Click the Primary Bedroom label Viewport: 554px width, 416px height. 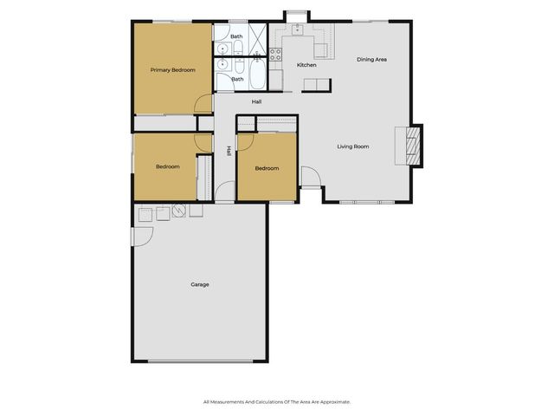[172, 69]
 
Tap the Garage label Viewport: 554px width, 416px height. [200, 284]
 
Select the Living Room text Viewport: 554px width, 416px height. [353, 146]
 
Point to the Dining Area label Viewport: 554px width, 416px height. [372, 60]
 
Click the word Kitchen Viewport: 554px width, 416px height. [307, 65]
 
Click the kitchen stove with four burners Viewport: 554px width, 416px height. [276, 53]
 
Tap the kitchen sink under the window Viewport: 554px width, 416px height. [297, 29]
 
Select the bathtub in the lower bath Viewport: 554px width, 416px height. [256, 80]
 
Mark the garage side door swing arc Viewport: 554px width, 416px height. [141, 236]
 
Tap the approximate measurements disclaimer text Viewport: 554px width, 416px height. [277, 401]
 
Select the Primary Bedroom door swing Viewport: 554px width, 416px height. [203, 103]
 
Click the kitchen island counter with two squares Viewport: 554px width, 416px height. [317, 84]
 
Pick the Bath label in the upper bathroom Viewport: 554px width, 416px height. [236, 36]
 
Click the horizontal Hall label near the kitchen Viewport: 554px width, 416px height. [257, 102]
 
